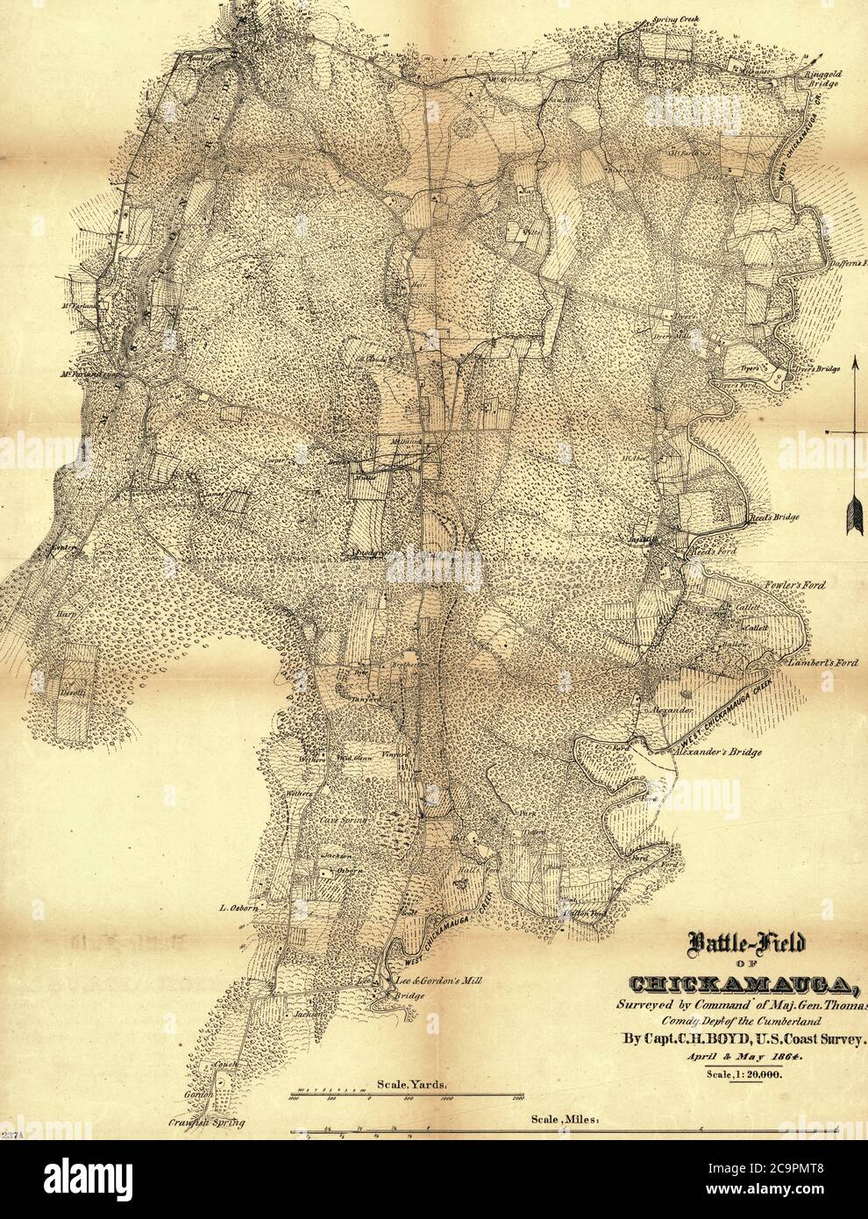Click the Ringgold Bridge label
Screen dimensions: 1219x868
pos(822,80)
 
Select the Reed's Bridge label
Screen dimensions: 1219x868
pos(773,517)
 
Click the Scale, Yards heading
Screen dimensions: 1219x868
pos(413,1084)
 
